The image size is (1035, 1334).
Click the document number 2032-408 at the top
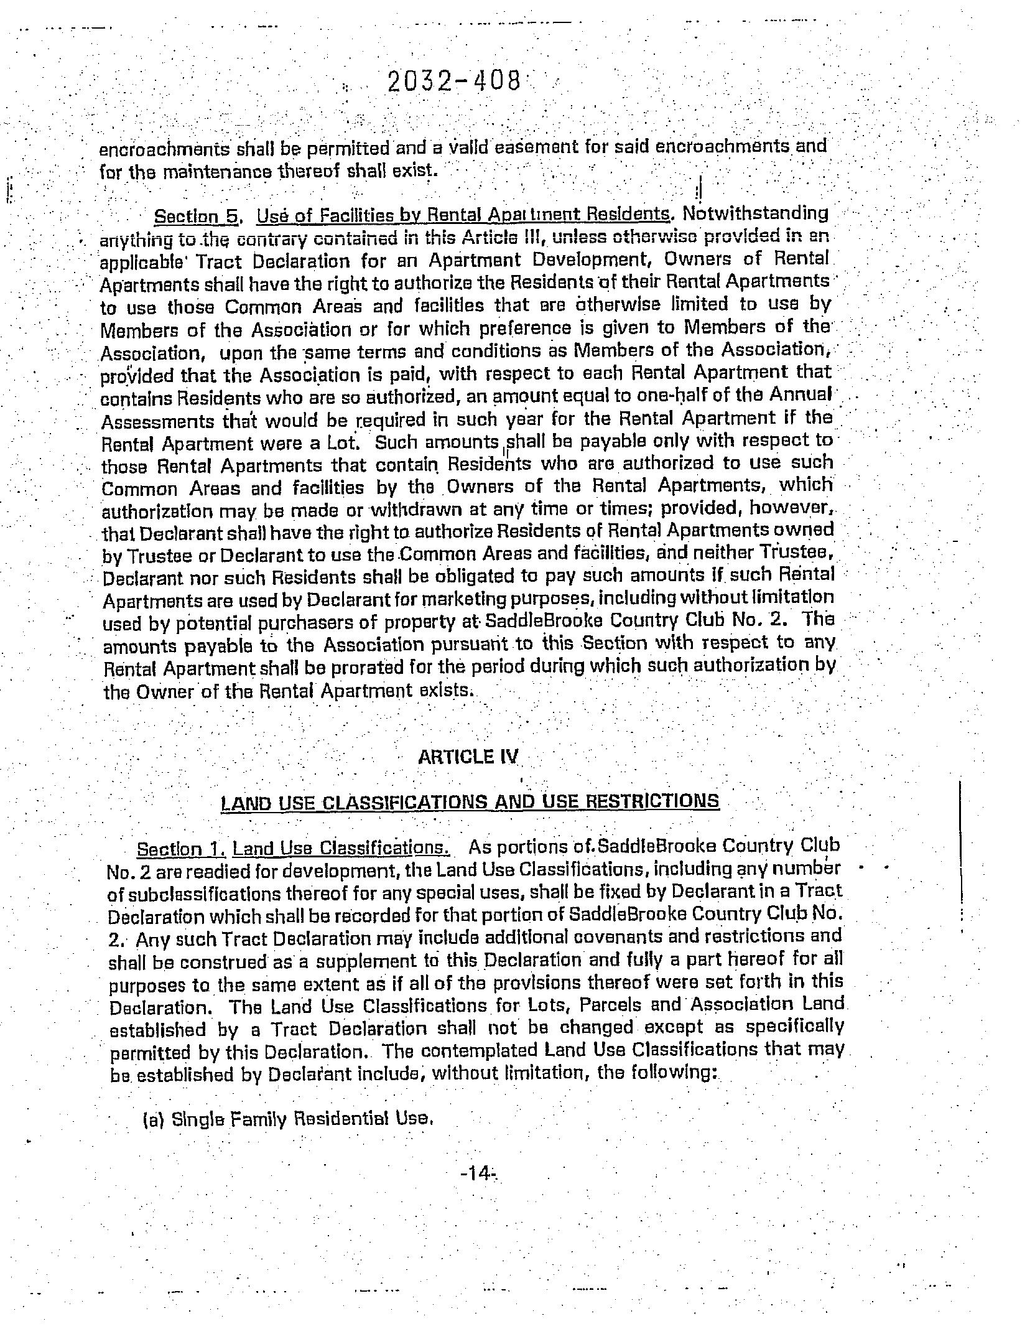tap(453, 82)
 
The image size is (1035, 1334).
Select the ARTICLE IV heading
tap(468, 757)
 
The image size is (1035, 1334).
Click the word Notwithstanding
tap(756, 213)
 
